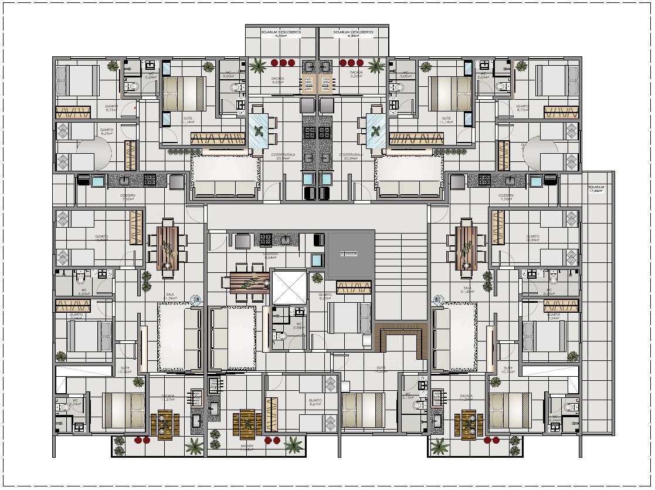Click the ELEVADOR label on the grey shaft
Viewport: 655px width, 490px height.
point(350,254)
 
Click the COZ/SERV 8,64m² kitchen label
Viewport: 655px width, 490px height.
point(270,256)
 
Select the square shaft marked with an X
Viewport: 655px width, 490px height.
point(290,287)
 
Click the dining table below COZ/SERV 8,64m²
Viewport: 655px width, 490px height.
point(246,283)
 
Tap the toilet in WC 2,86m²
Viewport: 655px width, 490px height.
point(280,336)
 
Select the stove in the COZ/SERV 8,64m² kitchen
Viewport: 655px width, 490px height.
point(266,239)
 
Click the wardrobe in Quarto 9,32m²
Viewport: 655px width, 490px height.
point(354,286)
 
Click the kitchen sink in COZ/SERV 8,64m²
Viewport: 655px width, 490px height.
point(285,239)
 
